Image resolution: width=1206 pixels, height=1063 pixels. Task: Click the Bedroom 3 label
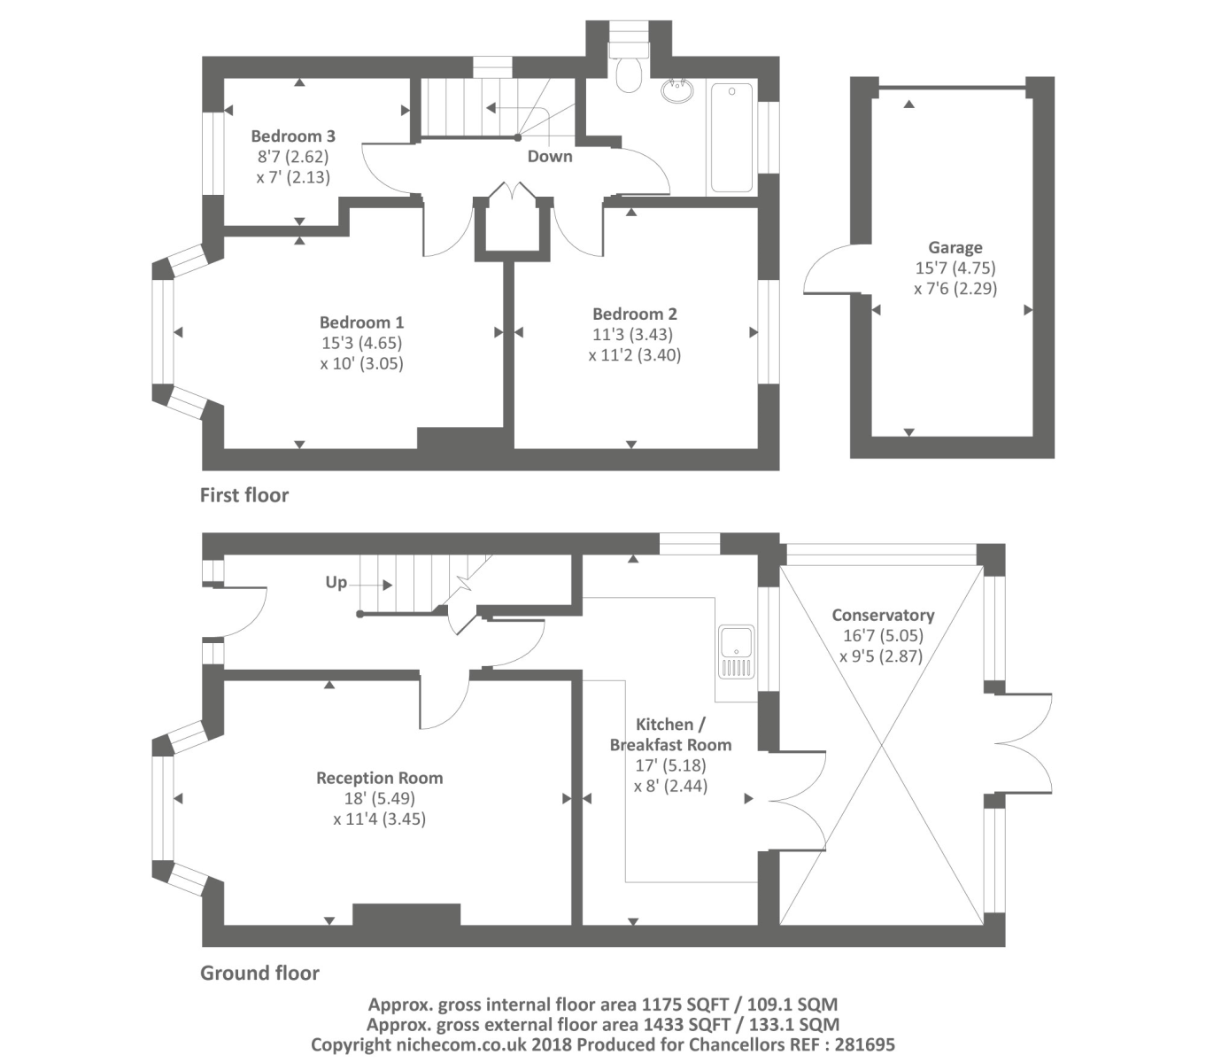(x=292, y=136)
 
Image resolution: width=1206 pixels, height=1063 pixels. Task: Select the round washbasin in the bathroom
(x=678, y=90)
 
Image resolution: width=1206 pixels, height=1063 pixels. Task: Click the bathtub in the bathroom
(x=731, y=137)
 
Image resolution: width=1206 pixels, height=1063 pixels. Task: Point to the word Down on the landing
(x=550, y=157)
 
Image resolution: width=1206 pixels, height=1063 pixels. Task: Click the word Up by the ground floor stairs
(x=336, y=583)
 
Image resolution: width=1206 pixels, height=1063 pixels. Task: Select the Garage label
(x=955, y=248)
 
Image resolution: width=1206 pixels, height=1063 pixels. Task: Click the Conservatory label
(x=883, y=616)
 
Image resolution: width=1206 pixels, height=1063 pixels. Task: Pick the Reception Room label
(x=379, y=779)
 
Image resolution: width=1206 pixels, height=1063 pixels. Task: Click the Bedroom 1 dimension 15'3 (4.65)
(x=361, y=343)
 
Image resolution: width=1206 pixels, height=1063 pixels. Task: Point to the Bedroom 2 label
(x=634, y=314)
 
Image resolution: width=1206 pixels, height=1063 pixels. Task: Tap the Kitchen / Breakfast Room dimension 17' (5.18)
(x=670, y=765)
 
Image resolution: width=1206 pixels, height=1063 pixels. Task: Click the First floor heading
(x=244, y=495)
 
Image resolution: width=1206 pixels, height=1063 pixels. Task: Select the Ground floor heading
(x=259, y=974)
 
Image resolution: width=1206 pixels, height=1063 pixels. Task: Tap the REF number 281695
(x=867, y=1044)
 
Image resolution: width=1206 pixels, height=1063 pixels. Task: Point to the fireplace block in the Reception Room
(x=406, y=914)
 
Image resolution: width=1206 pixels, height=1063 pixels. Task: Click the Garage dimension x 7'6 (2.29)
(x=955, y=289)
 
